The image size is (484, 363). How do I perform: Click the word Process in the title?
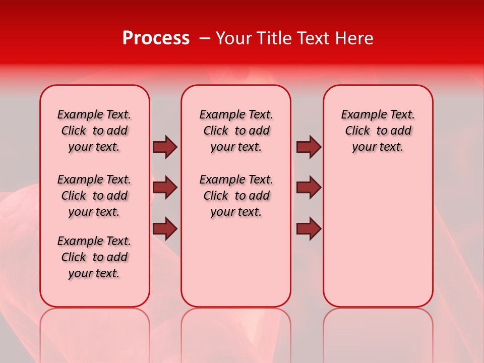156,38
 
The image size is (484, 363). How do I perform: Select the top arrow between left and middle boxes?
165,147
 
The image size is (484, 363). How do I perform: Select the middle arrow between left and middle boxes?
165,188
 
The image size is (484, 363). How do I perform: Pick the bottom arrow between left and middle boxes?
165,229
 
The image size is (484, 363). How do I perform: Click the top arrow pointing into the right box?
309,147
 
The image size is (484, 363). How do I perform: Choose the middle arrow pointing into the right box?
309,188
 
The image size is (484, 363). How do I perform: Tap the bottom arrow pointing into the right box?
309,229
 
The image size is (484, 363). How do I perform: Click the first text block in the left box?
94,131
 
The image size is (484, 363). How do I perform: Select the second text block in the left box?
94,196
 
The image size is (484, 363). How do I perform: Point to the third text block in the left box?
94,257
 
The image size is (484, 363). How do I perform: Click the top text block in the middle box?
236,131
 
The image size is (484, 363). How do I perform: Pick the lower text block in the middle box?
236,196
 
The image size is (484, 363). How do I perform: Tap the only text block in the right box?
378,131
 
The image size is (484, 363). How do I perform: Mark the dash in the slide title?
205,39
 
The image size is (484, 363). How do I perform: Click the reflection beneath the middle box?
236,333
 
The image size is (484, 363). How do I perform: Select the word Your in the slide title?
232,38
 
